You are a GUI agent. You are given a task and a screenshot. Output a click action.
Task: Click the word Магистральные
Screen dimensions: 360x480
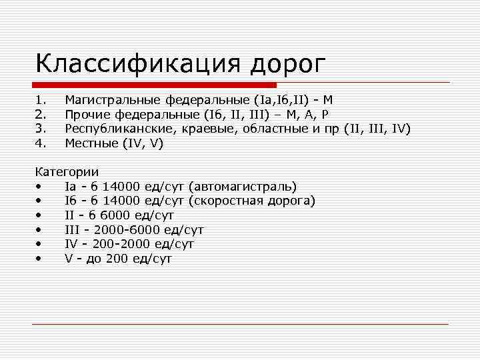coord(112,100)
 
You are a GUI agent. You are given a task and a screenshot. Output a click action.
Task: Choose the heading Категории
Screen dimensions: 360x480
coord(67,172)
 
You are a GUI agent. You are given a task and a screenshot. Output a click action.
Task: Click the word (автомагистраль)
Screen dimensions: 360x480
coord(243,187)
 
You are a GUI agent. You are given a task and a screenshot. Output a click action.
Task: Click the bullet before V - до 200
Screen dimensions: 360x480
coord(41,259)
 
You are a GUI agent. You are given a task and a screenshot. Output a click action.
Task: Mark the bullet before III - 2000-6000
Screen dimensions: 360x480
coord(41,230)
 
